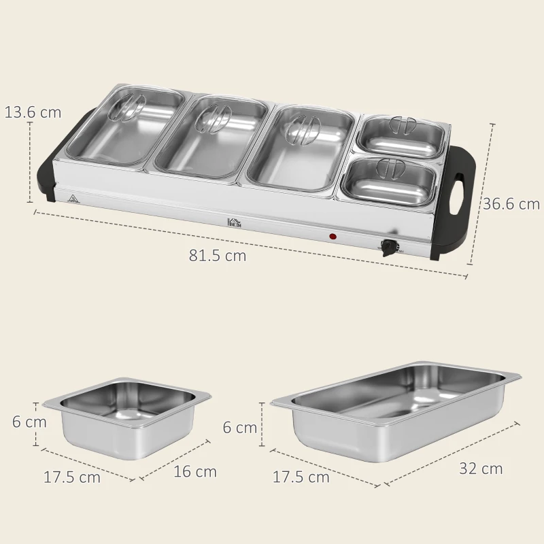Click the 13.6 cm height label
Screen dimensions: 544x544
33,112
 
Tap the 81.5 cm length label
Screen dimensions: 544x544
218,256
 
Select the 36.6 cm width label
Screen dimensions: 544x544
511,203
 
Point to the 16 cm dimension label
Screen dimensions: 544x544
195,471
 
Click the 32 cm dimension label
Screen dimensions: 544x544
481,468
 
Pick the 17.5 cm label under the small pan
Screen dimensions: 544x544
72,477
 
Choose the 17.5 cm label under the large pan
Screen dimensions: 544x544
301,477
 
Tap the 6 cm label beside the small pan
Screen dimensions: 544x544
29,422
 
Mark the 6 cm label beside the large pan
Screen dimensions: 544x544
240,427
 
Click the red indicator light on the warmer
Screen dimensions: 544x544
333,237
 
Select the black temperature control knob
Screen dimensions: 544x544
389,248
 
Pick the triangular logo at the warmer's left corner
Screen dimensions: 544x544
72,198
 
